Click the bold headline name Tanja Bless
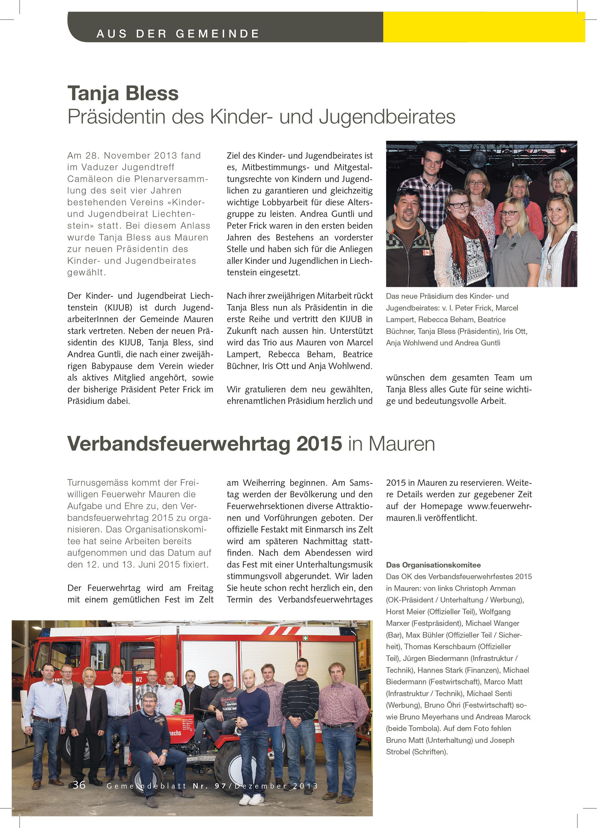click(123, 94)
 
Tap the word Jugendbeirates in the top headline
click(387, 117)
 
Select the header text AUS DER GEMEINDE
click(178, 34)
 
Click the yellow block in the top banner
click(484, 27)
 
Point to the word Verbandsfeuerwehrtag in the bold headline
click(205, 444)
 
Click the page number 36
click(79, 785)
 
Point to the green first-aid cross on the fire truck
click(305, 638)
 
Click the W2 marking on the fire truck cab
click(139, 679)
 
